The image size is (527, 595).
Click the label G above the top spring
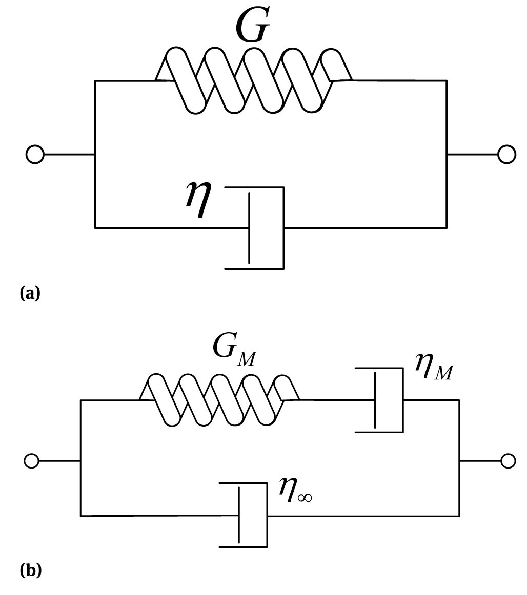253,26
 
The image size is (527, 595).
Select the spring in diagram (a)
254,80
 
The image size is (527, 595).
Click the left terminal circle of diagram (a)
34,154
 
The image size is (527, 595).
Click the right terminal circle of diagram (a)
506,154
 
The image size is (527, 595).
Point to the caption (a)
29,293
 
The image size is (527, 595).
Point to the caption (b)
30,570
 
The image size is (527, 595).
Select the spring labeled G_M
219,399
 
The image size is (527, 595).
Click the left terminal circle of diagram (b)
31,461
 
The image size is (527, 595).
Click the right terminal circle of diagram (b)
508,461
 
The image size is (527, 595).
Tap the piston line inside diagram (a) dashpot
250,228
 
